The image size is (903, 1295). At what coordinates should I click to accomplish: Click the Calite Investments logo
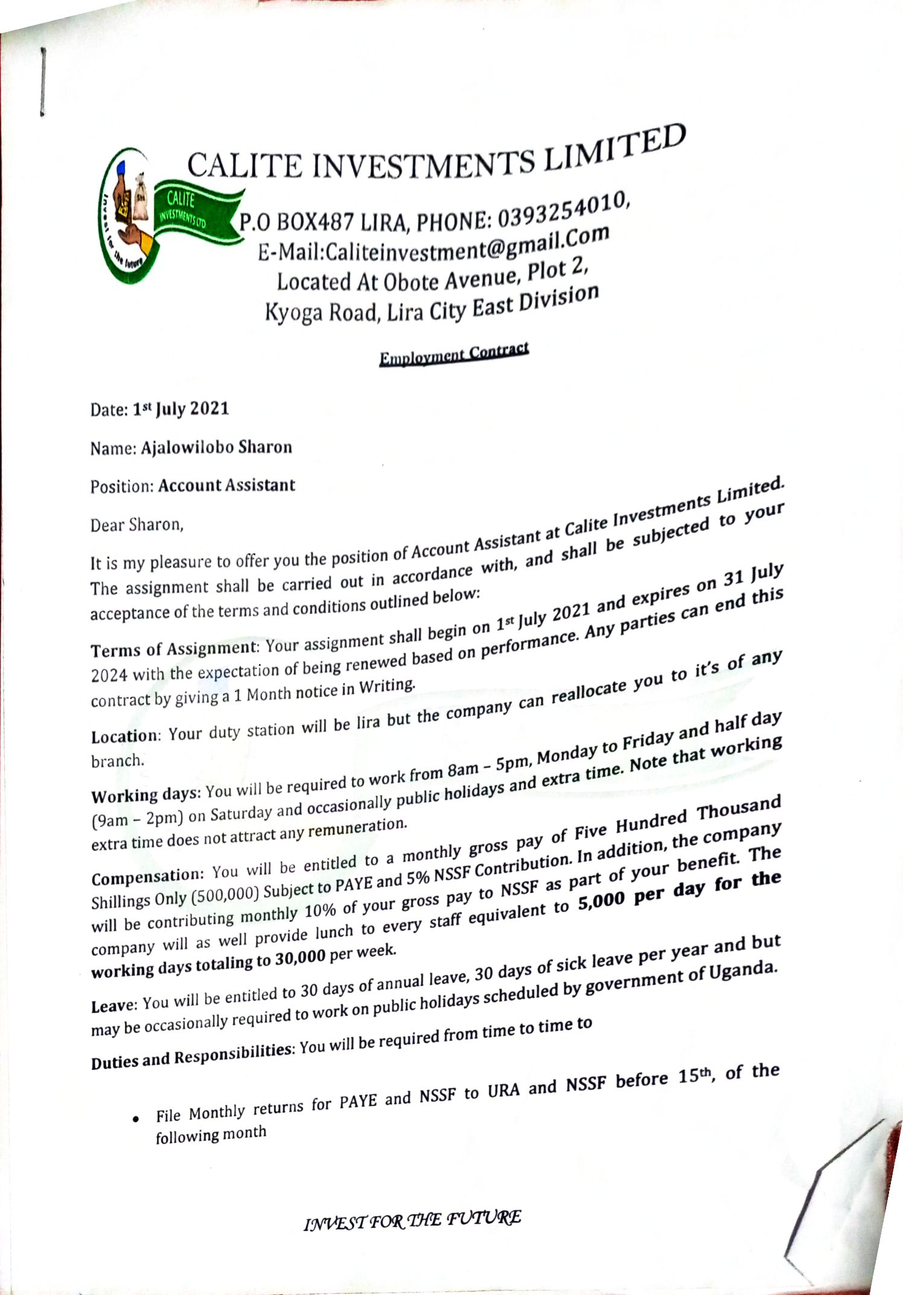tap(163, 217)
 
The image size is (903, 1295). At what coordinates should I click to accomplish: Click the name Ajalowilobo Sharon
tap(216, 447)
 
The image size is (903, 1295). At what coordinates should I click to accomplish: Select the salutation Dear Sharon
tap(136, 525)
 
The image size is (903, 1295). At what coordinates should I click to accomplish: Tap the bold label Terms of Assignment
tap(174, 650)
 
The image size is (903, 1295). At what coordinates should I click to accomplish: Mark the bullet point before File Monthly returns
tap(138, 1119)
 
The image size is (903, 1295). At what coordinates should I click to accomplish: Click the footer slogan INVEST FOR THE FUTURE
tap(412, 1220)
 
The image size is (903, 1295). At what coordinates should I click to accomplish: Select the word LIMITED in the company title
tap(616, 149)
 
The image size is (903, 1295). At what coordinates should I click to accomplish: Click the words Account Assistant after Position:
tap(226, 485)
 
